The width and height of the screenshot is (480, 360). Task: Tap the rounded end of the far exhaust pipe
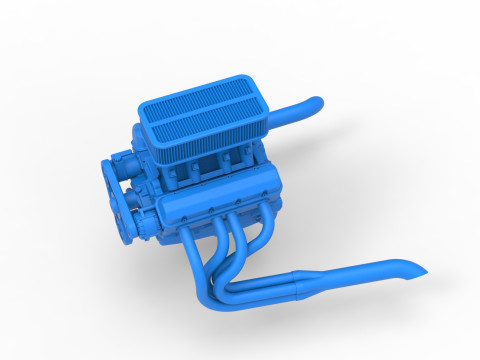[315, 103]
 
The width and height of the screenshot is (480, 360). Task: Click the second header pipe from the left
[218, 250]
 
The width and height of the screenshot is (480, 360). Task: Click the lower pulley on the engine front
[127, 214]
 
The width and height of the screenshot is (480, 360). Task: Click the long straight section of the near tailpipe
[360, 272]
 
